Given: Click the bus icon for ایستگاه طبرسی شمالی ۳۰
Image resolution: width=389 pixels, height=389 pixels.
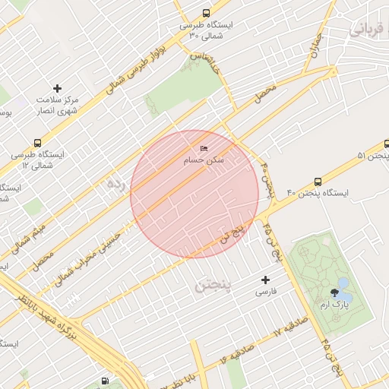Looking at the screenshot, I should click(207, 13).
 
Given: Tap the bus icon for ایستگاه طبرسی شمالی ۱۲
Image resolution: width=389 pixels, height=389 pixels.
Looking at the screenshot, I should click(38, 142).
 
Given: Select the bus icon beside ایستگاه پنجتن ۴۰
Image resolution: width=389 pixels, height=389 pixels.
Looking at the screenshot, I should click(318, 182).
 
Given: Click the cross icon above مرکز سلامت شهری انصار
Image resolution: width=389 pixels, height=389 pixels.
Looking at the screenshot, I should click(58, 89).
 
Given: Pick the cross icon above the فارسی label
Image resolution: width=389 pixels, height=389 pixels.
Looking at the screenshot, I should click(265, 280).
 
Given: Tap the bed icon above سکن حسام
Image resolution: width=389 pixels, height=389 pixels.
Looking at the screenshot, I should click(203, 148).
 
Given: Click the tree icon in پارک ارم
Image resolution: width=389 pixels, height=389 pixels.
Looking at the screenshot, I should click(334, 293).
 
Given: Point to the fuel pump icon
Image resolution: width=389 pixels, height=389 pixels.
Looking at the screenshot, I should click(104, 381).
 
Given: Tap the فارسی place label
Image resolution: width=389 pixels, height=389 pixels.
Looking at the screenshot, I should click(265, 292).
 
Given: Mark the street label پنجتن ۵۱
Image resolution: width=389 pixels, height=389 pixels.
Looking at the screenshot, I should click(372, 156).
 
